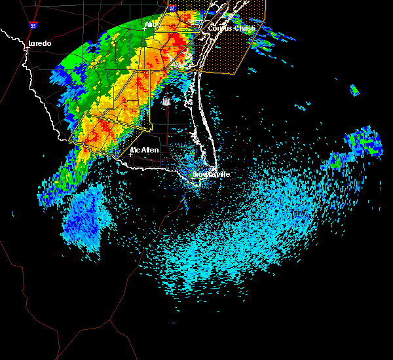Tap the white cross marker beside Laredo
[x=26, y=45]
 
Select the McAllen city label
[x=145, y=150]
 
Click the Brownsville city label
[x=212, y=174]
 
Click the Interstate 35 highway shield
[x=33, y=26]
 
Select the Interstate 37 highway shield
[x=172, y=9]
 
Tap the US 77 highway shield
[x=166, y=101]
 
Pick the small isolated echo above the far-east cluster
[x=354, y=90]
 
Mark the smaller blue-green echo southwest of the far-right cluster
[x=338, y=160]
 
